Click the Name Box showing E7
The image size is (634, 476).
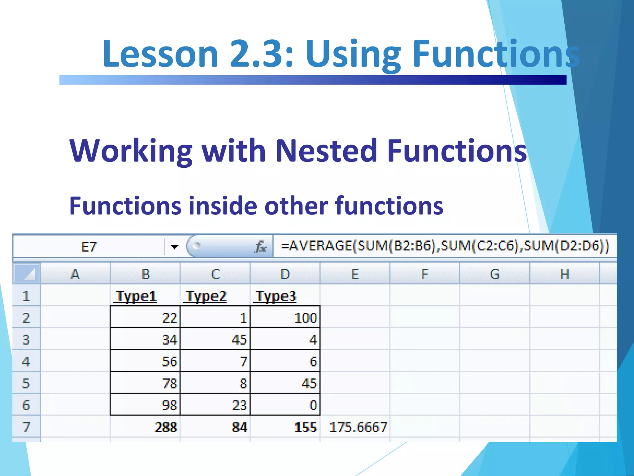point(89,247)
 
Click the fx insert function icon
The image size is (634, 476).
point(261,247)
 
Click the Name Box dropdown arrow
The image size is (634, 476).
point(175,247)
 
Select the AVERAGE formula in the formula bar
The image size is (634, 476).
point(445,246)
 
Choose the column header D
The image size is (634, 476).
point(285,274)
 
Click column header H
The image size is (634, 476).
point(565,274)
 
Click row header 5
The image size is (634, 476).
point(26,383)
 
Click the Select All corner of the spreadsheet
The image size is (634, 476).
point(27,274)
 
